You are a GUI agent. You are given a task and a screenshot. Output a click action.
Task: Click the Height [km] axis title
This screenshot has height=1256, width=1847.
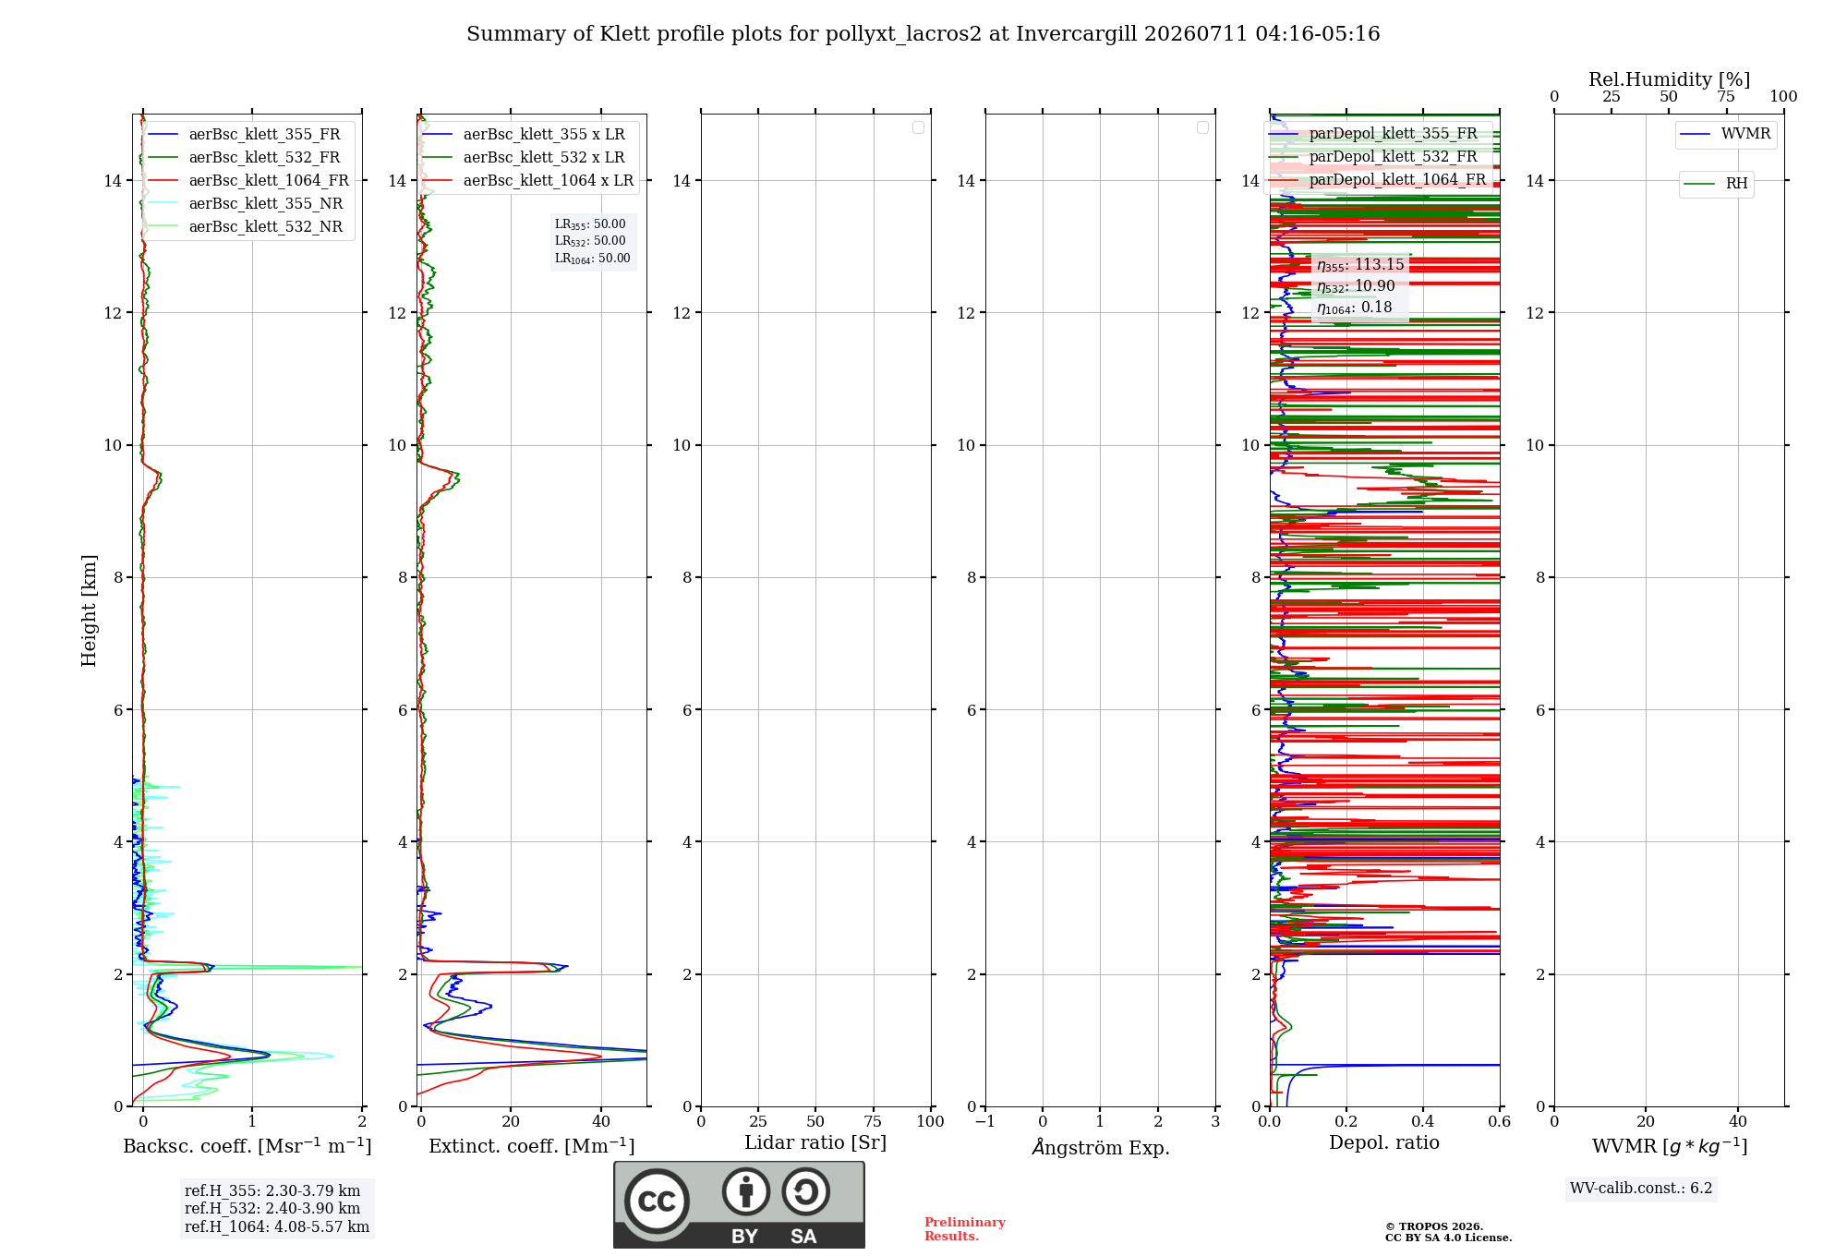(x=89, y=610)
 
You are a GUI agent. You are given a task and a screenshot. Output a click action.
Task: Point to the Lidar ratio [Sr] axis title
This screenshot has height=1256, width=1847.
(x=815, y=1143)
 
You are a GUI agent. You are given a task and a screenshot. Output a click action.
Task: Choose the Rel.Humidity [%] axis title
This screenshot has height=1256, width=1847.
(x=1669, y=80)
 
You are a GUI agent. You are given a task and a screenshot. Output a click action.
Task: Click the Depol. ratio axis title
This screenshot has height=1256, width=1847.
(x=1384, y=1143)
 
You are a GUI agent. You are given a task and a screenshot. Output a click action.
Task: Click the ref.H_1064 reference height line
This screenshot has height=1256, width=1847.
(x=277, y=1227)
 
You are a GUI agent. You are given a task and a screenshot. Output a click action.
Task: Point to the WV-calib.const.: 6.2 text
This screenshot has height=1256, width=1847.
(x=1641, y=1189)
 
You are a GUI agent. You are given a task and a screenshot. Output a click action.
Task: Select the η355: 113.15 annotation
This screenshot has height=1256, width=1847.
(x=1360, y=265)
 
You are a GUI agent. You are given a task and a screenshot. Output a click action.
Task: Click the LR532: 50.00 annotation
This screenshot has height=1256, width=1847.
(x=590, y=241)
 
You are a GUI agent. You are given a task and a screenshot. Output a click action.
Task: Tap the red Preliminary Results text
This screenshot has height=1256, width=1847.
(x=965, y=1229)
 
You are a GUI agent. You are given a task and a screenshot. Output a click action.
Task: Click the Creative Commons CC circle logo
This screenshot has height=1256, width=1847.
(x=657, y=1201)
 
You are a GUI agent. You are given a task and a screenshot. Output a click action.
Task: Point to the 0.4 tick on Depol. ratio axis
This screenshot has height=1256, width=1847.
(x=1423, y=1122)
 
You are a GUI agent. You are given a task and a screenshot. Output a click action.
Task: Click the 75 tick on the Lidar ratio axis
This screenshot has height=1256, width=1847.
(x=873, y=1122)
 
